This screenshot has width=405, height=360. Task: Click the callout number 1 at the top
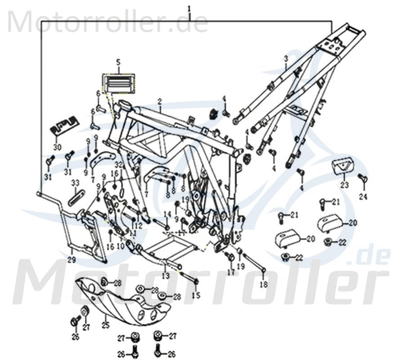click(189, 8)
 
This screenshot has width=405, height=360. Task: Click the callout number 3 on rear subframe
click(285, 58)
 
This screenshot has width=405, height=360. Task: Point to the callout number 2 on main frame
click(159, 102)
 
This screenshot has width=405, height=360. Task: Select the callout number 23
click(344, 184)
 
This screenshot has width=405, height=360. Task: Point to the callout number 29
click(72, 260)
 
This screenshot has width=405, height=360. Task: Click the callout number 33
click(75, 183)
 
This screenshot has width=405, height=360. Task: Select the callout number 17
click(231, 272)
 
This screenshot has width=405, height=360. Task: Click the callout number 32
click(118, 164)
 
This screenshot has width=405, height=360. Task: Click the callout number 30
click(57, 147)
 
